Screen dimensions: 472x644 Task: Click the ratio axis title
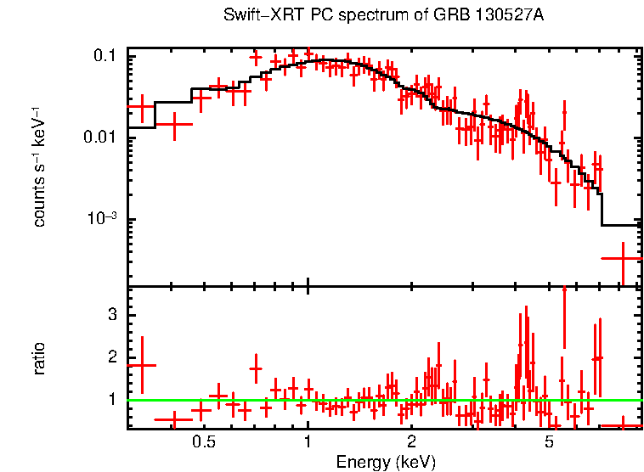point(39,358)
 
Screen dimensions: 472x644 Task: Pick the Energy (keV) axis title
point(385,462)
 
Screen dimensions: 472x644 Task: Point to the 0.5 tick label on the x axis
point(203,443)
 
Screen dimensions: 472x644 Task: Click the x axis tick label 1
point(308,443)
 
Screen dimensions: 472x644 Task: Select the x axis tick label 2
point(411,443)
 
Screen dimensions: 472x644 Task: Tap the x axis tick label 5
point(549,443)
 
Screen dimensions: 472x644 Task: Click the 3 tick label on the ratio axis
point(110,315)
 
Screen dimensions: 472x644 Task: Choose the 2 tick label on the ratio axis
point(110,357)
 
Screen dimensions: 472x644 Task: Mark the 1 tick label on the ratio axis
point(110,399)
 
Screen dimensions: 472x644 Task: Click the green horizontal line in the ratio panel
point(382,399)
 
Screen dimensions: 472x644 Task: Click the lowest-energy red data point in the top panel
point(141,107)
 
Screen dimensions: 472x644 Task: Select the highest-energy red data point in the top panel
point(623,257)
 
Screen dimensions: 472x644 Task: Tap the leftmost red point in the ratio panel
point(141,365)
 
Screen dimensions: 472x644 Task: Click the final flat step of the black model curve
point(620,225)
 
